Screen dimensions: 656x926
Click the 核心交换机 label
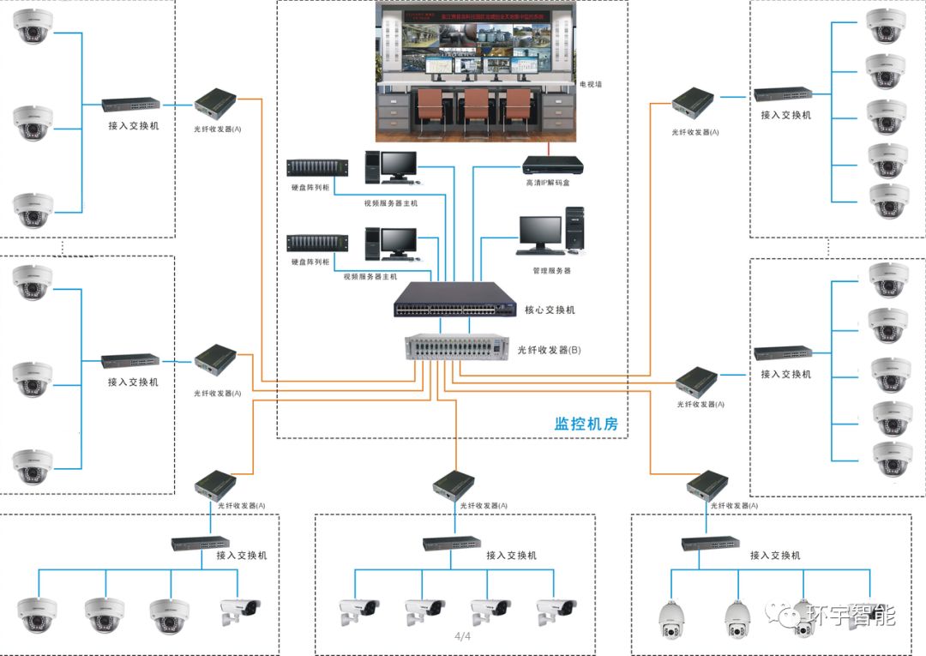[550, 310]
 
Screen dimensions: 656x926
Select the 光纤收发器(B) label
[550, 350]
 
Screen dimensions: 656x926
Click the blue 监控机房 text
[586, 424]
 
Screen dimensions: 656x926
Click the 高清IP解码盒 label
[548, 183]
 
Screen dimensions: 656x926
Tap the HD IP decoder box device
[552, 162]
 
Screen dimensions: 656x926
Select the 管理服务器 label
[551, 270]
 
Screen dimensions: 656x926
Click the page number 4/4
[462, 636]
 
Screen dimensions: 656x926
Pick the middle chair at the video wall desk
[476, 111]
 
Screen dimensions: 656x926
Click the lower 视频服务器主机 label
[370, 277]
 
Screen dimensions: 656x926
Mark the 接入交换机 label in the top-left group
[133, 126]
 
